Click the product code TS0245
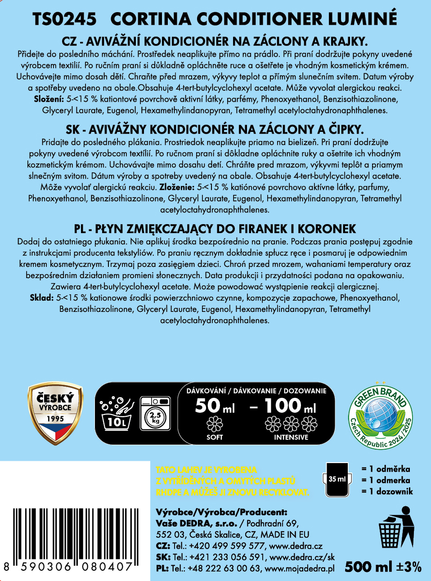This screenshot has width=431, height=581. (x=64, y=19)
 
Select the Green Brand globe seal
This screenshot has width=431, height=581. (x=381, y=416)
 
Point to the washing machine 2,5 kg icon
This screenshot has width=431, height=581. (x=155, y=414)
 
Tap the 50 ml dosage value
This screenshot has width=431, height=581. (x=215, y=406)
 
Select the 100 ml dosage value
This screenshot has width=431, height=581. (x=290, y=406)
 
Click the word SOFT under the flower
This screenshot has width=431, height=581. (x=215, y=437)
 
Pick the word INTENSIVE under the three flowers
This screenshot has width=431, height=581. (x=291, y=437)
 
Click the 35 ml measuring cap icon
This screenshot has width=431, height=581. (x=337, y=480)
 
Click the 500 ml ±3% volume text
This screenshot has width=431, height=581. (x=383, y=567)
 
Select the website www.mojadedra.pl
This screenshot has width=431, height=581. (x=300, y=568)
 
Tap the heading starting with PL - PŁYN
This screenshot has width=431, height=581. (x=215, y=229)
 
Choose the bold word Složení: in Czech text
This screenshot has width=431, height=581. (x=49, y=99)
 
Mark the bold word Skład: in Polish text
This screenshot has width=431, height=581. (x=41, y=297)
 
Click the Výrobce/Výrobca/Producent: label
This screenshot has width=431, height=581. (x=221, y=512)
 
